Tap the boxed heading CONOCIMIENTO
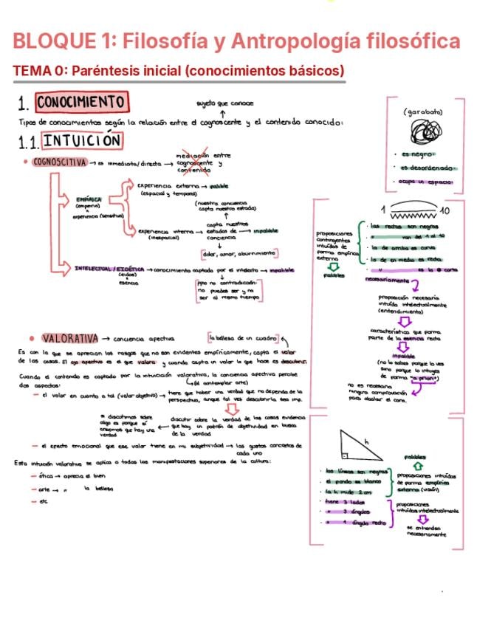(81, 101)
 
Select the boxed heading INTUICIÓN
(82, 139)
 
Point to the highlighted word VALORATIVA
(70, 338)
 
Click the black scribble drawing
(422, 134)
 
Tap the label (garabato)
(423, 111)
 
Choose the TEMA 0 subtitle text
(179, 72)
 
